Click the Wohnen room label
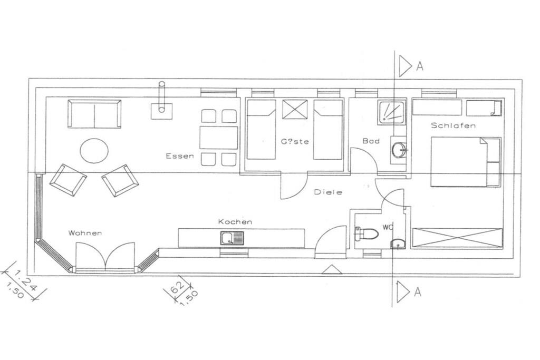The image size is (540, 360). pyautogui.click(x=85, y=233)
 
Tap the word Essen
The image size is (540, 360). pyautogui.click(x=180, y=156)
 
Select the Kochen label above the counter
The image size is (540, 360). pyautogui.click(x=235, y=222)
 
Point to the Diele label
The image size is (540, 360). pyautogui.click(x=328, y=192)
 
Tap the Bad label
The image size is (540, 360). pyautogui.click(x=371, y=141)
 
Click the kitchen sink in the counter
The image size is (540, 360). pyautogui.click(x=232, y=238)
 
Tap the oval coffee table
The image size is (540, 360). pyautogui.click(x=94, y=151)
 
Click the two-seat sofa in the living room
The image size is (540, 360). pyautogui.click(x=94, y=114)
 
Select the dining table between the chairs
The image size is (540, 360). pyautogui.click(x=219, y=138)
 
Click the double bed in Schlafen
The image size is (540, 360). pyautogui.click(x=466, y=162)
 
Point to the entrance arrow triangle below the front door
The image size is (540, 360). pyautogui.click(x=332, y=269)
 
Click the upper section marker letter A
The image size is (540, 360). pyautogui.click(x=419, y=66)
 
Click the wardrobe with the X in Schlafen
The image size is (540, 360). pyautogui.click(x=457, y=237)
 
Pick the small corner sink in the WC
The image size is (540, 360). pyautogui.click(x=399, y=244)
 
